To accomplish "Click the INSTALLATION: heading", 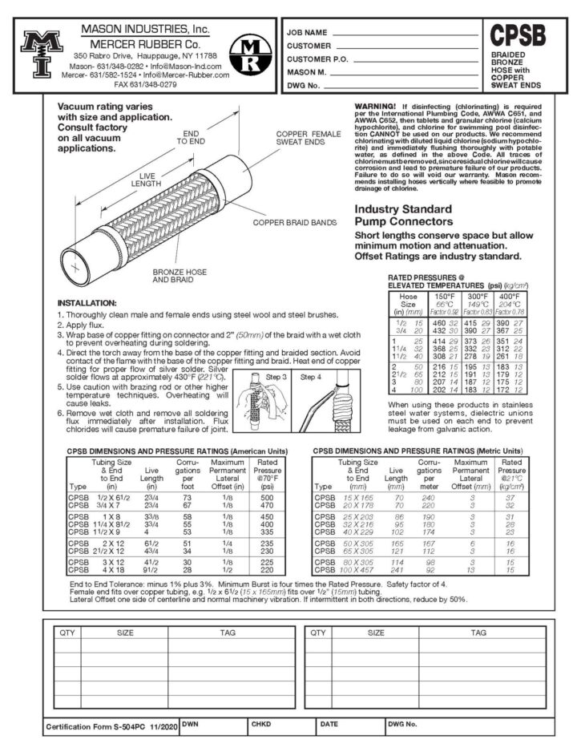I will [87, 303].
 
